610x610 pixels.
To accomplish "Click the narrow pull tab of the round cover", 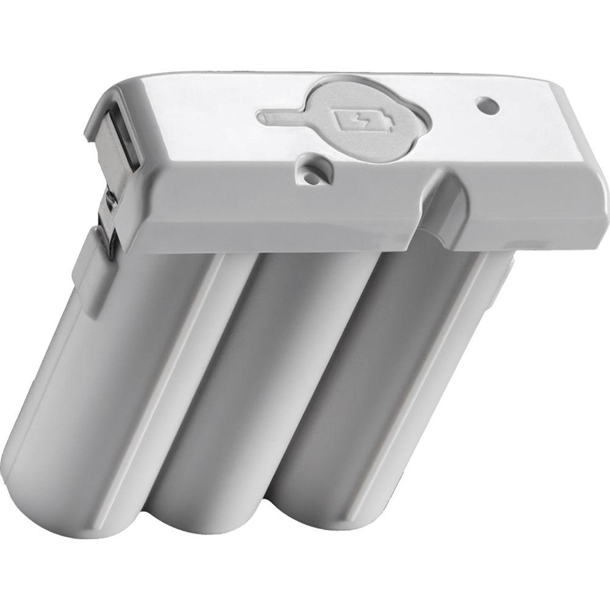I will click(281, 115).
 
